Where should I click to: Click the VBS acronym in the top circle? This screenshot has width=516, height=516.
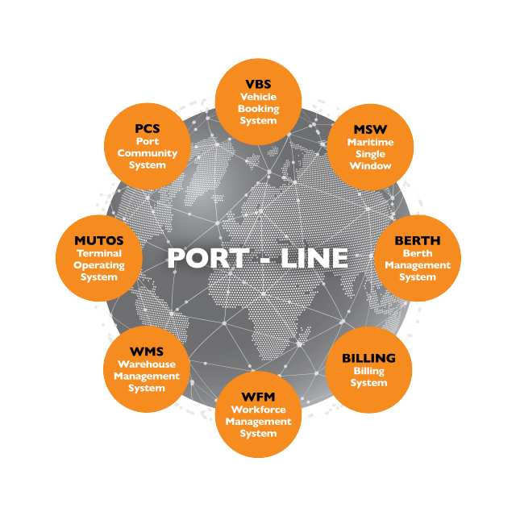pos(258,83)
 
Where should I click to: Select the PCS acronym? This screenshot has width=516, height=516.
pos(148,128)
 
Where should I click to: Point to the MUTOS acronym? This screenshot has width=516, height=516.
pos(98,240)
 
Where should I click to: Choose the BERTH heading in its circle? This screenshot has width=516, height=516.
pos(417,240)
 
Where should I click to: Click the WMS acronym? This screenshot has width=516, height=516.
pos(147,352)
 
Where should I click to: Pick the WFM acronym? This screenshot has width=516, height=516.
pos(258,397)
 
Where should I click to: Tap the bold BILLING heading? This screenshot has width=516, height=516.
pos(368,358)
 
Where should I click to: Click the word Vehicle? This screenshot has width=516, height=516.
pos(258,96)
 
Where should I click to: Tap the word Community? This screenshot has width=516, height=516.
pos(148,153)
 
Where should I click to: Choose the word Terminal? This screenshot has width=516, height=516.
pos(98,253)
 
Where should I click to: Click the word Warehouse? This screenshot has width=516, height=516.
pos(147,364)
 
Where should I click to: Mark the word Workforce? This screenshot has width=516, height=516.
pos(258,410)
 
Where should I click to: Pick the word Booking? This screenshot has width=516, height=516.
pos(258,108)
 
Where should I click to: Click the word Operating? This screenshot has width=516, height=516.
pos(98,265)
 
